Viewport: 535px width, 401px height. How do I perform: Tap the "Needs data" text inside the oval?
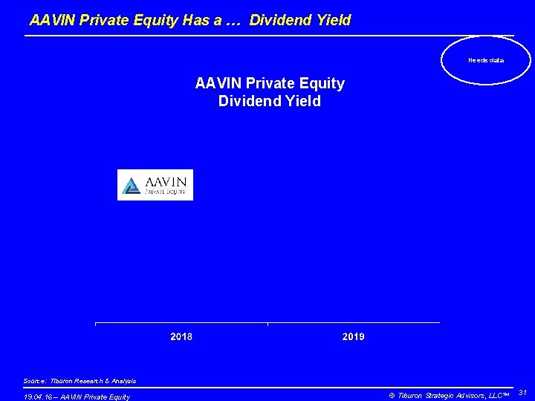click(485, 60)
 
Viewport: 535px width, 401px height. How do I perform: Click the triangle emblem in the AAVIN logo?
click(132, 186)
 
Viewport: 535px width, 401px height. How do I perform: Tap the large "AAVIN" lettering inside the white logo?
click(165, 181)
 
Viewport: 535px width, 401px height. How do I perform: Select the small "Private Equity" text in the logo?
click(165, 192)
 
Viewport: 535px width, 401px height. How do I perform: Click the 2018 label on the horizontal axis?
click(181, 337)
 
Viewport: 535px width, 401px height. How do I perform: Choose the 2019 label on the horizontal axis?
click(353, 337)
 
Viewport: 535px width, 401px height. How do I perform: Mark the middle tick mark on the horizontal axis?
click(267, 324)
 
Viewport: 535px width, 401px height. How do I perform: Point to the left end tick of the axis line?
click(96, 324)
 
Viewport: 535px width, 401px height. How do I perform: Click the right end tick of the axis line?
click(439, 324)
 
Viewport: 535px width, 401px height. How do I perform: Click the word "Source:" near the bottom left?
click(35, 381)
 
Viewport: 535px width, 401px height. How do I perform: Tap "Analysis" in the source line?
click(120, 381)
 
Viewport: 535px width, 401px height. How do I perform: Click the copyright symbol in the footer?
click(392, 395)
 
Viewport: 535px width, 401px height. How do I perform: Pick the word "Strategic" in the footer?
click(444, 395)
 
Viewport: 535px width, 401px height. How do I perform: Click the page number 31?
click(522, 393)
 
